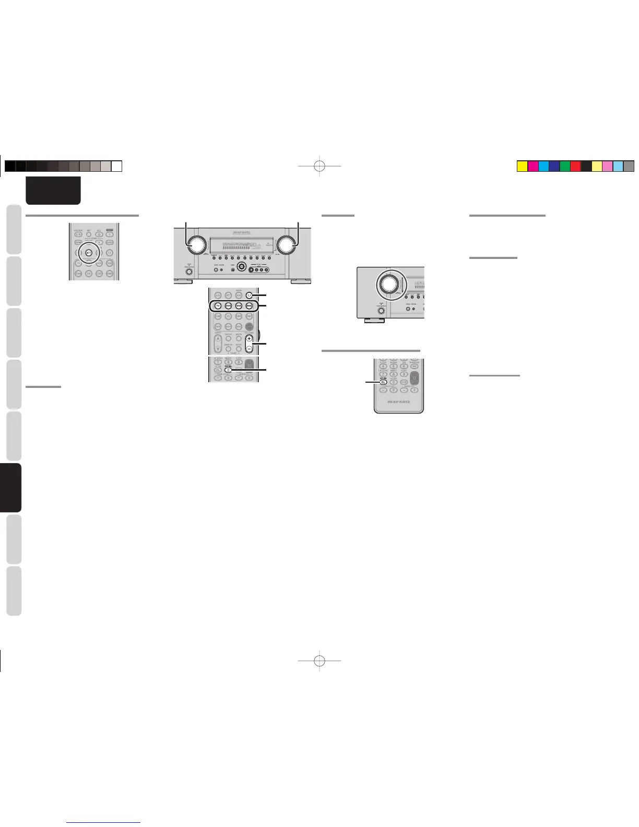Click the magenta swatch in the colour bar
(x=532, y=167)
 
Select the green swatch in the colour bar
(x=564, y=167)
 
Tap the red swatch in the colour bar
(x=575, y=167)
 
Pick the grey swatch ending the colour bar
(x=629, y=167)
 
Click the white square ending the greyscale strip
(x=117, y=166)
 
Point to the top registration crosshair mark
(x=320, y=166)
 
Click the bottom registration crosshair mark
(x=320, y=660)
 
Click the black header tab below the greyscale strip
(x=53, y=191)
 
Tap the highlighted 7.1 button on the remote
(x=249, y=296)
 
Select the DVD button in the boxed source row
(x=228, y=306)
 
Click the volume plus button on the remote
(x=249, y=338)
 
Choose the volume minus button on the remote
(x=249, y=348)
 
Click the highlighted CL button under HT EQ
(x=383, y=382)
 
